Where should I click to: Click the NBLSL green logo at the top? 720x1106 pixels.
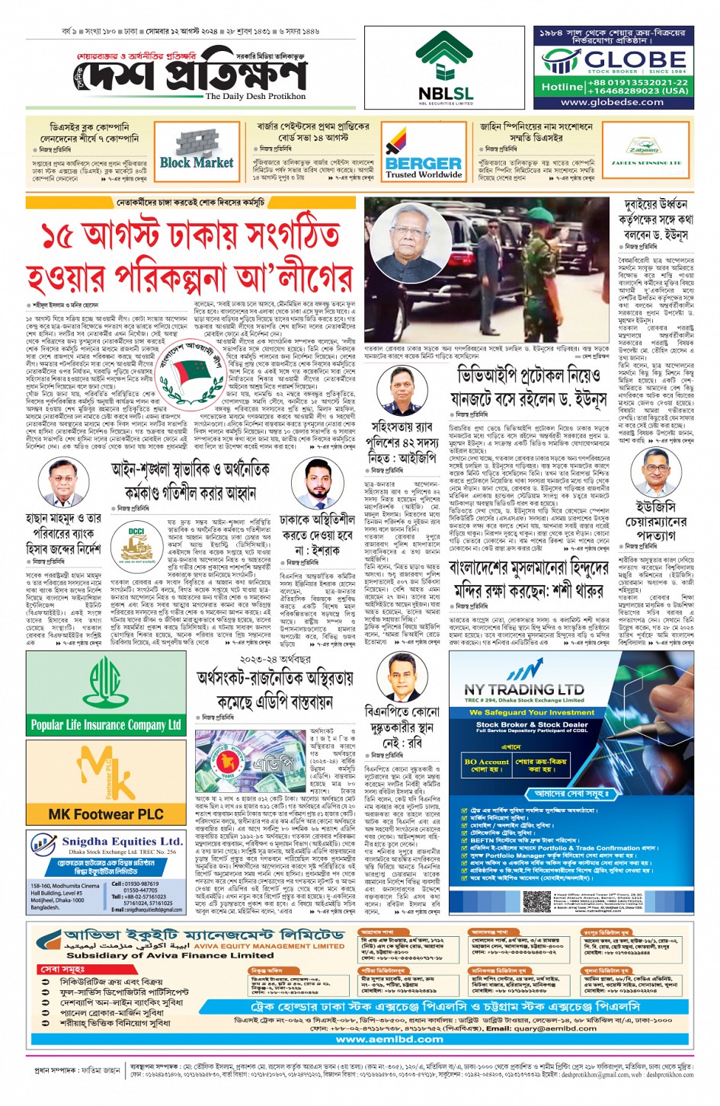pos(445,57)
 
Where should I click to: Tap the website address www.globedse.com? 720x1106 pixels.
pos(612,102)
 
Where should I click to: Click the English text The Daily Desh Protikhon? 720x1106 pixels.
pos(255,97)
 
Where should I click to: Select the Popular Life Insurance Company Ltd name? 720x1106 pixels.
pos(106,724)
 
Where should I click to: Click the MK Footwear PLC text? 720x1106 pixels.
pos(106,814)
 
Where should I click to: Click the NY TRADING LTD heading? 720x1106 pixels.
pos(523,689)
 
